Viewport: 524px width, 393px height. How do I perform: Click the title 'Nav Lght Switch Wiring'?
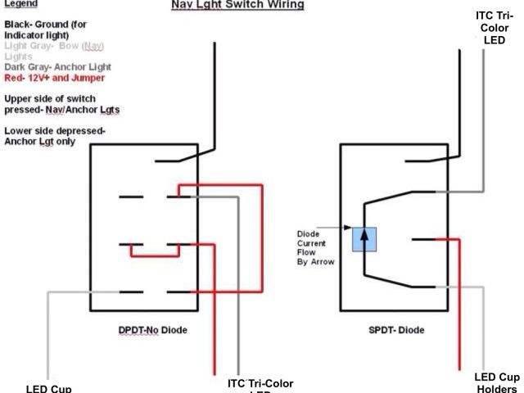[x=237, y=5]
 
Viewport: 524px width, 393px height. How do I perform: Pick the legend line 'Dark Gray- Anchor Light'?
[x=57, y=66]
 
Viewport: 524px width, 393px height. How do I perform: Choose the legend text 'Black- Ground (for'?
[x=50, y=25]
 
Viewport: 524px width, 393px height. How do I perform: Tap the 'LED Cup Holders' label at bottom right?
[x=496, y=382]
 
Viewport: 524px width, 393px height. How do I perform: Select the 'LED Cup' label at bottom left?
[x=48, y=387]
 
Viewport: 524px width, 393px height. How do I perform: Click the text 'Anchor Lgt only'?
[x=44, y=141]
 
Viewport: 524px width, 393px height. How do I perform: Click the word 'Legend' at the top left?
[x=20, y=4]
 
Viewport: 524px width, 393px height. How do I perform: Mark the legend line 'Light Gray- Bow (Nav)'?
[x=54, y=46]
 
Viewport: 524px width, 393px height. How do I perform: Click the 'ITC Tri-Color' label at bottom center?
[x=260, y=384]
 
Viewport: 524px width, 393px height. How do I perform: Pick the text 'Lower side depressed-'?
[x=56, y=130]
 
